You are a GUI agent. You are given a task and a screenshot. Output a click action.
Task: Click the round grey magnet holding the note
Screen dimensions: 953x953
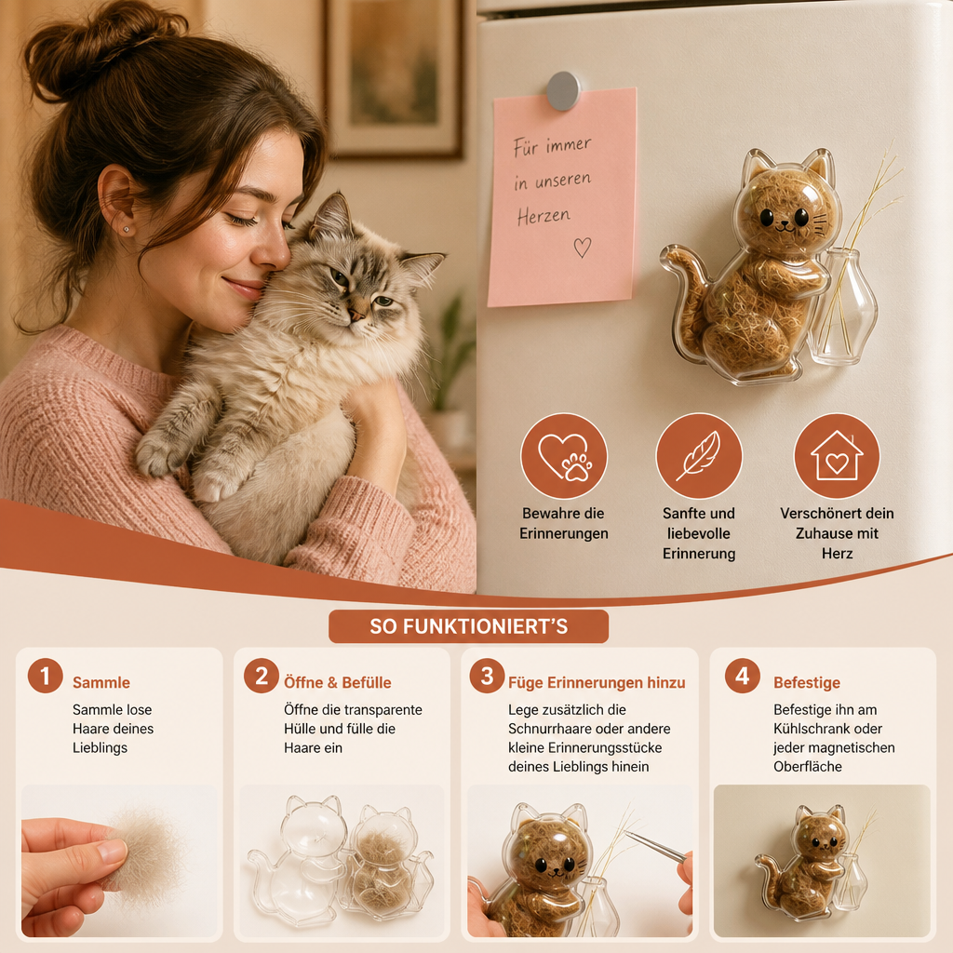coord(563,90)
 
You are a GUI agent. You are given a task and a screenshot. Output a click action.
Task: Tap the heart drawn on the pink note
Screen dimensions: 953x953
coord(583,247)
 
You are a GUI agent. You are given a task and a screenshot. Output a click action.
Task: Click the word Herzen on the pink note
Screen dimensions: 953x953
coord(544,216)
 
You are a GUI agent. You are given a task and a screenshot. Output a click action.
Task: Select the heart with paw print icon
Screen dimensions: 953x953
coord(564,456)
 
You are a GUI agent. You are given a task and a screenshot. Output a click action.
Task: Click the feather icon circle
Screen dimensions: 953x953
coord(699,456)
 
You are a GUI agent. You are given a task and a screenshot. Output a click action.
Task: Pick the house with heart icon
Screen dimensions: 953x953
coord(837,456)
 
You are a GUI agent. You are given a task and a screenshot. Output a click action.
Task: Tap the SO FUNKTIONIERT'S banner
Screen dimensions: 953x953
coord(469,626)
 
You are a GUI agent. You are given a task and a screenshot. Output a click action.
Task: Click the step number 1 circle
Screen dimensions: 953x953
coord(45,676)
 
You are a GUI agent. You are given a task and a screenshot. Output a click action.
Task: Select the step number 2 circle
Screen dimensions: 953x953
coord(262,676)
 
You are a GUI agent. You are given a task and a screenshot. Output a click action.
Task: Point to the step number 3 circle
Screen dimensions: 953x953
coord(487,676)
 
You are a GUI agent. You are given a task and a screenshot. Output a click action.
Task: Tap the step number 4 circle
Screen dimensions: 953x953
coord(742,676)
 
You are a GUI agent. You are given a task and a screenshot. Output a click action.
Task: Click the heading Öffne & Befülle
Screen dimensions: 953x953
coord(337,682)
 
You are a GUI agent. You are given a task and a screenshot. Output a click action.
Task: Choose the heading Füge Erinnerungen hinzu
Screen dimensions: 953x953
coord(597,682)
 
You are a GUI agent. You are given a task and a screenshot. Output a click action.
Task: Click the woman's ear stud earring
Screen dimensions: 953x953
coord(126,229)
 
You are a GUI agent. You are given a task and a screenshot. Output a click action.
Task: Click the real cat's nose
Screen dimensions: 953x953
coord(356,315)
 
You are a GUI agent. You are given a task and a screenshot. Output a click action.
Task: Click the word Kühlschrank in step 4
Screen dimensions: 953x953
coord(812,728)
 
